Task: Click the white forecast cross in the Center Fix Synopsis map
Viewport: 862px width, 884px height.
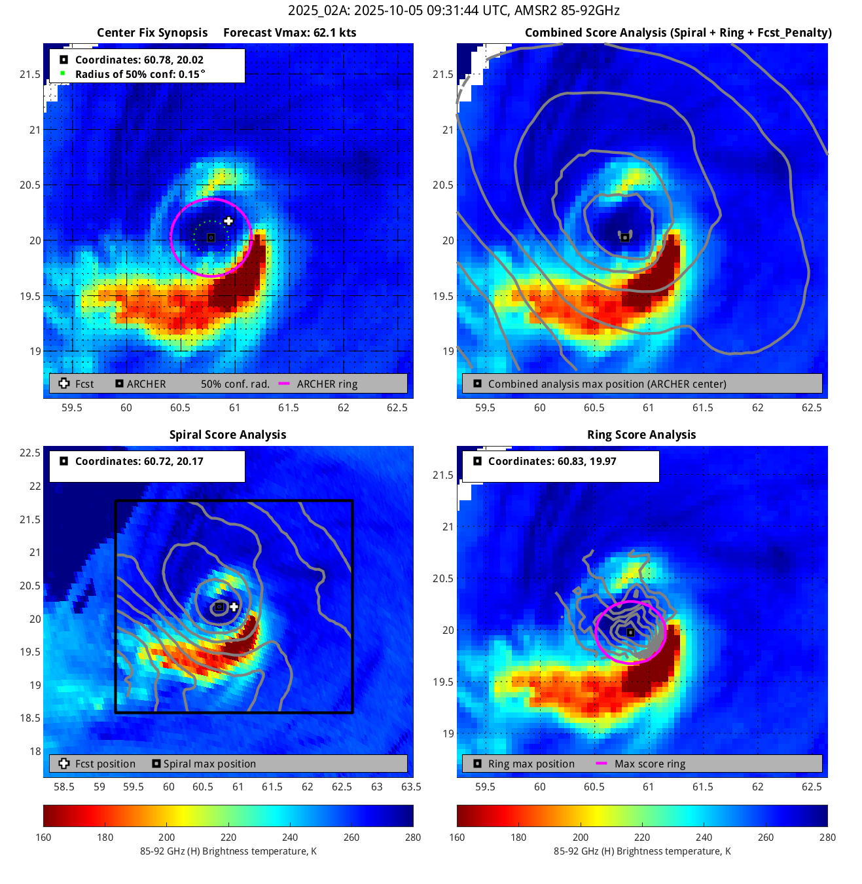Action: point(228,221)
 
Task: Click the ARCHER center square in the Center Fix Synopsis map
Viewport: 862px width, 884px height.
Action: point(211,238)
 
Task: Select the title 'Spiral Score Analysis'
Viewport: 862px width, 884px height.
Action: point(228,435)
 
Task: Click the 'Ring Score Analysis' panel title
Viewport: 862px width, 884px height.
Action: point(641,435)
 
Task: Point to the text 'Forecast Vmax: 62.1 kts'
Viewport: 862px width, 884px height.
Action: point(290,33)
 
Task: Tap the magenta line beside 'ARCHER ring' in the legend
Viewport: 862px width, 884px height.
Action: point(284,384)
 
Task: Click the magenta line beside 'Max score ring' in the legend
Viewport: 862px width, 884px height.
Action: point(602,764)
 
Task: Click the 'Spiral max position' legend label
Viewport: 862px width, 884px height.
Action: point(209,764)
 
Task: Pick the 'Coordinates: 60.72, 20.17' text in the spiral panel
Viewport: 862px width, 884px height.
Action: point(139,461)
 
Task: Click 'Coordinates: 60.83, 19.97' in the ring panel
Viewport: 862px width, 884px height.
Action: point(552,461)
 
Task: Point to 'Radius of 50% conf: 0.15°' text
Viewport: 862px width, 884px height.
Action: point(140,74)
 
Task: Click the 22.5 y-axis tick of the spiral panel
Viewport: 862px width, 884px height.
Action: point(30,453)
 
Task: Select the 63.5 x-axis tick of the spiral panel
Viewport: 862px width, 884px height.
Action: point(411,786)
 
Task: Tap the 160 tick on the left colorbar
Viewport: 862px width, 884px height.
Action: point(44,837)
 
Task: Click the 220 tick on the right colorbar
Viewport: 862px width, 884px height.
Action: point(642,837)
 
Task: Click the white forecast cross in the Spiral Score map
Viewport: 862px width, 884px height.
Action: point(234,607)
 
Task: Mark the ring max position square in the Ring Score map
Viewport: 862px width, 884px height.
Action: point(630,633)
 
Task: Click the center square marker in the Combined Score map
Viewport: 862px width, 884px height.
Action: point(625,237)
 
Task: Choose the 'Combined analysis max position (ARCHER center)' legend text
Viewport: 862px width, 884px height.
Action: point(607,384)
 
